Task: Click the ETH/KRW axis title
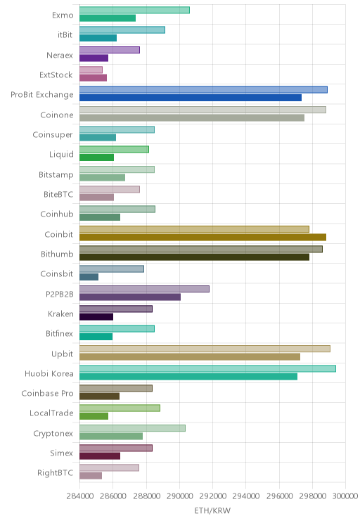(x=212, y=510)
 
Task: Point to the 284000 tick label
(x=79, y=496)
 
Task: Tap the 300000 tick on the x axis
(x=345, y=496)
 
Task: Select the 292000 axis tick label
(x=212, y=496)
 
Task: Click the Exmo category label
(x=63, y=15)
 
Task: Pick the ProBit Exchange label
(x=42, y=95)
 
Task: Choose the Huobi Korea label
(x=49, y=373)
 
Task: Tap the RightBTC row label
(x=55, y=473)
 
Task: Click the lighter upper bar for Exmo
(x=134, y=10)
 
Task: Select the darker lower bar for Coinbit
(x=203, y=237)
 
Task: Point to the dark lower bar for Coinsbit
(x=89, y=277)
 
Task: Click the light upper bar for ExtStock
(x=91, y=70)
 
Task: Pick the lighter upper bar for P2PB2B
(x=144, y=289)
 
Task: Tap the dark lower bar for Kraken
(x=96, y=317)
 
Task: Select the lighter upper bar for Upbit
(x=205, y=349)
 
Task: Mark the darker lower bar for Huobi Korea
(x=188, y=377)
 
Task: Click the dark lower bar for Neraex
(x=94, y=58)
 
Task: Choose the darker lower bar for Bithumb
(x=195, y=257)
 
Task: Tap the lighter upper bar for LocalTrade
(x=120, y=408)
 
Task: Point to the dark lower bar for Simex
(x=100, y=456)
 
